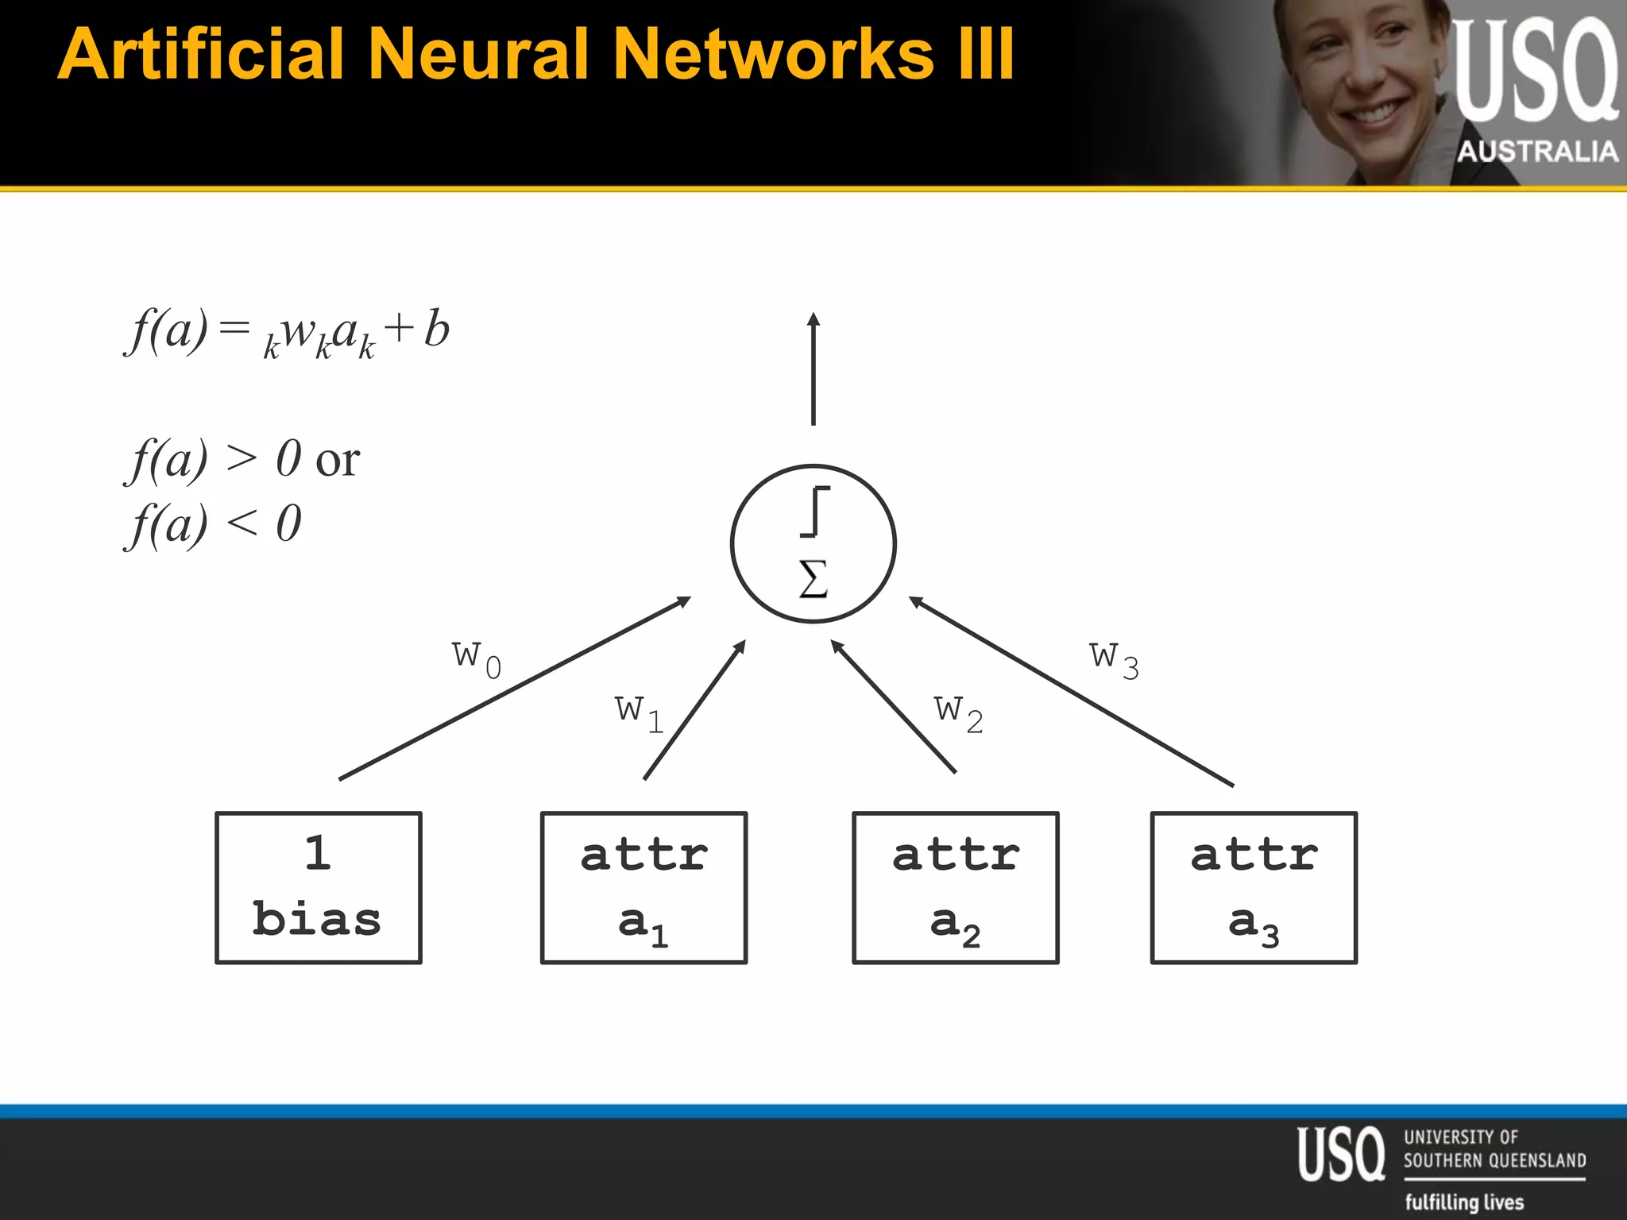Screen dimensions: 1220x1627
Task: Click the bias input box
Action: pos(319,887)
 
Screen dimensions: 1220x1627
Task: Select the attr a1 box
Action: pos(643,887)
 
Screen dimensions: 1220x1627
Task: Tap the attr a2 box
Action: pos(955,887)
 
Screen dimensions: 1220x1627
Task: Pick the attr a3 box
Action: pos(1254,887)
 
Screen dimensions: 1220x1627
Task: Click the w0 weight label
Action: pos(477,658)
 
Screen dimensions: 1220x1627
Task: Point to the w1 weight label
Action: pos(639,712)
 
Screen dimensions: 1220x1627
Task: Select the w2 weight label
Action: pos(958,712)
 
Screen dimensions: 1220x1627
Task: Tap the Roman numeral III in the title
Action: pos(985,54)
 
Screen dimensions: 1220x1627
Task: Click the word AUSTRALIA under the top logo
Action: pos(1537,151)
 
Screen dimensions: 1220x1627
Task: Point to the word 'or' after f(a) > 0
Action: pos(338,460)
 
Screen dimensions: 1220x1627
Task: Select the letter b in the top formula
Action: pos(437,329)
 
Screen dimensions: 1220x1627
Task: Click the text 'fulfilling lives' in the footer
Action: pos(1464,1202)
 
